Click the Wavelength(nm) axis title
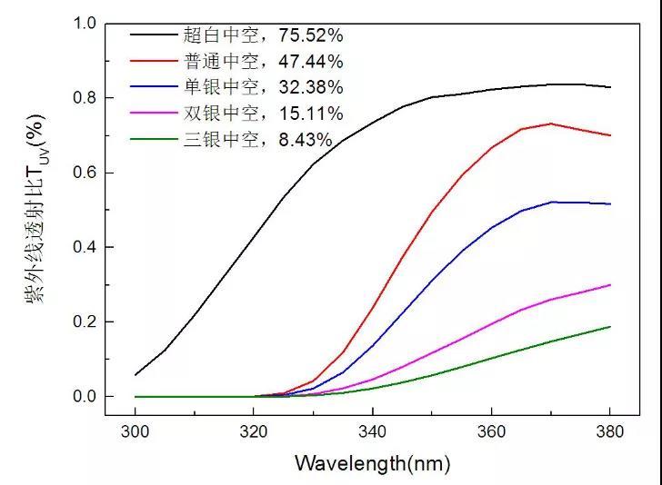click(x=372, y=464)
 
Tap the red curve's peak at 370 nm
click(x=550, y=124)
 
